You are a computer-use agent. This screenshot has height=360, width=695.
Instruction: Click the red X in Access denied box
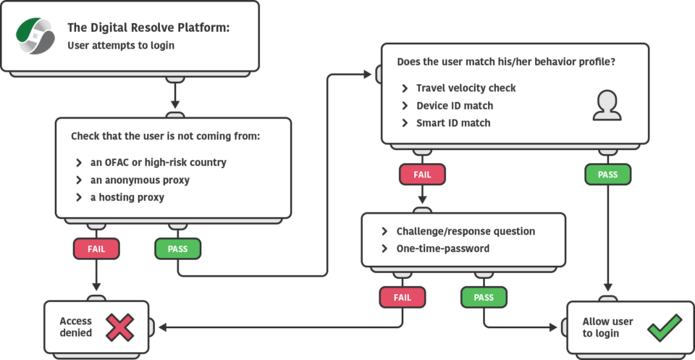119,327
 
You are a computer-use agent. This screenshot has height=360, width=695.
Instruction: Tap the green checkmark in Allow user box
664,327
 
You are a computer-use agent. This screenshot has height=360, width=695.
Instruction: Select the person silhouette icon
607,106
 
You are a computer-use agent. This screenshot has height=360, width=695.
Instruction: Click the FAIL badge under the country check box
96,248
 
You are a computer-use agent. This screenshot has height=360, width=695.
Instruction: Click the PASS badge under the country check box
177,248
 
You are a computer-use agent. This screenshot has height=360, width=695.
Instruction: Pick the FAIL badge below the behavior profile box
422,175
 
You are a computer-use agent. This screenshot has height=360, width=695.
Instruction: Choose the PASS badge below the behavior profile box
607,175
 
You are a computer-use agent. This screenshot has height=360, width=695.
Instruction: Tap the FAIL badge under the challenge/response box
402,297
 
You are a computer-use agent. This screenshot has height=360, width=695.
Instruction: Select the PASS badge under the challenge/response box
484,297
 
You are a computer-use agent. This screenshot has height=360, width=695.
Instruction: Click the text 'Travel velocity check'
466,88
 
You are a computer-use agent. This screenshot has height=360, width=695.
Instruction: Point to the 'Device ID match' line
454,106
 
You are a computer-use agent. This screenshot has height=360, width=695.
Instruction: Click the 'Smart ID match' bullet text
452,123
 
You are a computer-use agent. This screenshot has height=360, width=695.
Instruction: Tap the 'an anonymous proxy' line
139,180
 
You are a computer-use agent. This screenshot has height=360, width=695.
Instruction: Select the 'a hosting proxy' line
127,197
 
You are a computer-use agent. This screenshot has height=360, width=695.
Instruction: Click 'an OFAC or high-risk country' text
158,162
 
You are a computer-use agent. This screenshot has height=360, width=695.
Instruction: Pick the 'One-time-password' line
442,248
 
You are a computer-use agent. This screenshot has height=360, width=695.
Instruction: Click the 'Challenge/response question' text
466,231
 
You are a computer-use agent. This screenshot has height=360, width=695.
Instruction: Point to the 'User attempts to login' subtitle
121,45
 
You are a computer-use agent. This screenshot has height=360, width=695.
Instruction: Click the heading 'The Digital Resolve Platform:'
148,28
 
